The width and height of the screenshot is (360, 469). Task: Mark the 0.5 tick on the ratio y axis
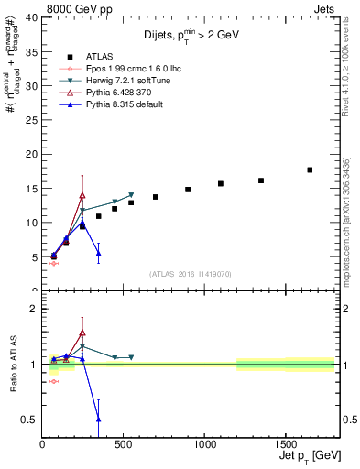click(29, 420)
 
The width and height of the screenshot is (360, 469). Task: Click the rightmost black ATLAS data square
click(310, 169)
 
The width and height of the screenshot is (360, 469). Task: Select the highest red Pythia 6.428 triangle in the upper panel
click(82, 195)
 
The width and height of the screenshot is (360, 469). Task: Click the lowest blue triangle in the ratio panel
click(98, 419)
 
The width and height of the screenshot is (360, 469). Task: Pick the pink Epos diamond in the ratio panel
click(54, 381)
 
